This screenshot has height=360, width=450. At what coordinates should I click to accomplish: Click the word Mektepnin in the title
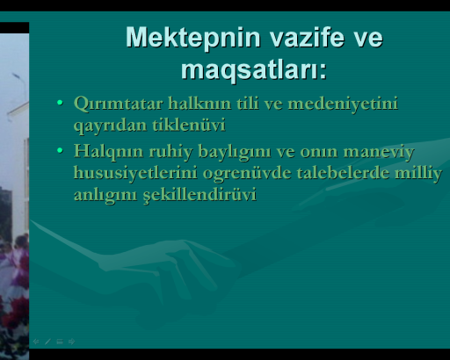point(193,38)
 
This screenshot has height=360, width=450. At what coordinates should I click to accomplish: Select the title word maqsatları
point(254,70)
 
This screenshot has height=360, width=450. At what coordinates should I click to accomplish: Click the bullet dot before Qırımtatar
point(60,103)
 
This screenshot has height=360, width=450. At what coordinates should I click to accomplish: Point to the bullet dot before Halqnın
point(60,151)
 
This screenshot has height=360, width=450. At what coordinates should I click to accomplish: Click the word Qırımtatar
point(119,104)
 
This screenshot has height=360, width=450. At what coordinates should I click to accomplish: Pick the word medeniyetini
point(343,104)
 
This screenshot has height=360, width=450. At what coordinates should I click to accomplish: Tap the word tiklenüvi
point(189,125)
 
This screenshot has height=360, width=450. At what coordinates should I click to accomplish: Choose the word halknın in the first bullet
point(200,104)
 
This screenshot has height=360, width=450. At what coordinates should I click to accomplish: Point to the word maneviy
point(379,152)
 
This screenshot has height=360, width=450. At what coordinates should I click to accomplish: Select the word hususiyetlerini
point(135,174)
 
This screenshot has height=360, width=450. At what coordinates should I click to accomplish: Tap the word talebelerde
point(343,173)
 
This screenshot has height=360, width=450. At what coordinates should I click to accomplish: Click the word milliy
point(418,174)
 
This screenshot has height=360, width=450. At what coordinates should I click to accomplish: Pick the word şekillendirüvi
point(200,195)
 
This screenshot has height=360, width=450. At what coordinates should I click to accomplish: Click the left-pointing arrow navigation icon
point(36,342)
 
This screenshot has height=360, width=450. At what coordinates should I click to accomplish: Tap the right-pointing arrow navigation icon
point(71,342)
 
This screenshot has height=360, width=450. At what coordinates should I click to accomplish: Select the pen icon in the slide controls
point(47,342)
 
